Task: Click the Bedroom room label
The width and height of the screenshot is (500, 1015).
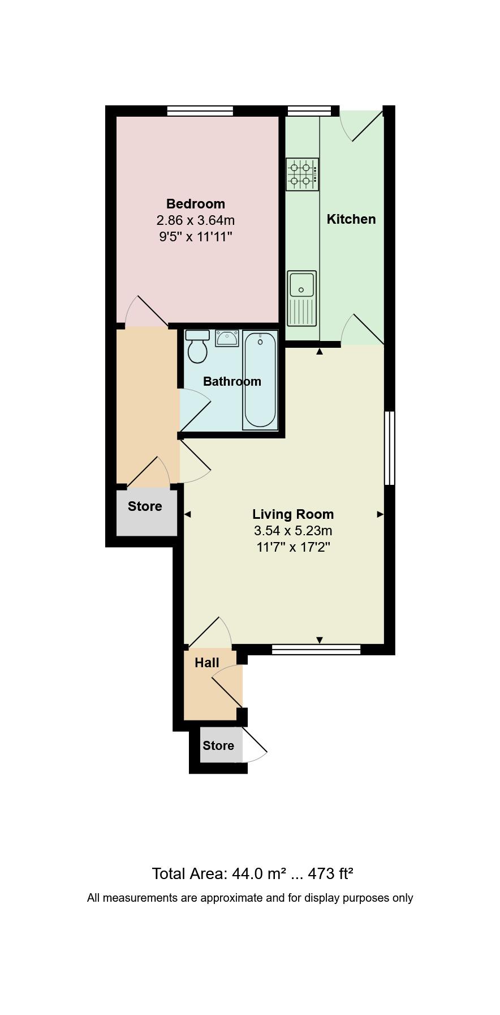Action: pyautogui.click(x=195, y=204)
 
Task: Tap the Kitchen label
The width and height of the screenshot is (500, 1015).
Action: pyautogui.click(x=351, y=219)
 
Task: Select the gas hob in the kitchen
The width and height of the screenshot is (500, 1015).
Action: pyautogui.click(x=302, y=174)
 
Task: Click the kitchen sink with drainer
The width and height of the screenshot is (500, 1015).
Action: pyautogui.click(x=301, y=298)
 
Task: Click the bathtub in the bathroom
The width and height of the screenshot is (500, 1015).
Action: pyautogui.click(x=260, y=380)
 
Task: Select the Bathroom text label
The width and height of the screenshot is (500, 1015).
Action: pyautogui.click(x=232, y=381)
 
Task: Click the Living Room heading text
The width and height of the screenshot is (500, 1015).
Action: pyautogui.click(x=292, y=514)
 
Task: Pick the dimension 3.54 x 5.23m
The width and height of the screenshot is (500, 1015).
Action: pyautogui.click(x=292, y=531)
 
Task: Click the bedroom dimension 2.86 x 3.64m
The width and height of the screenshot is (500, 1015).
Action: pyautogui.click(x=195, y=220)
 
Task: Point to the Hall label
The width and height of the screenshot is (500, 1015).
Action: pyautogui.click(x=206, y=663)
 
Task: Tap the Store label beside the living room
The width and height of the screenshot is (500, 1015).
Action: pyautogui.click(x=145, y=506)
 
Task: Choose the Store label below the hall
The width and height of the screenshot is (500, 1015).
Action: pyautogui.click(x=218, y=746)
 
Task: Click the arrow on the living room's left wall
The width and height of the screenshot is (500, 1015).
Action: pyautogui.click(x=187, y=514)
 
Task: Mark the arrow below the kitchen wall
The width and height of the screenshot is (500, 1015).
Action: pyautogui.click(x=320, y=352)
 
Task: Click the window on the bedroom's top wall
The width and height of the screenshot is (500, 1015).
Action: pyautogui.click(x=200, y=111)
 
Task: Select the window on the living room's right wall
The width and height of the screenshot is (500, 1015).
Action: pyautogui.click(x=389, y=448)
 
